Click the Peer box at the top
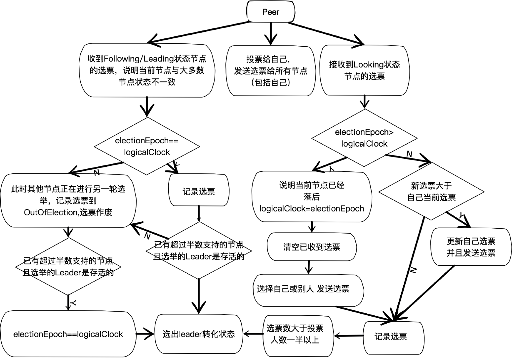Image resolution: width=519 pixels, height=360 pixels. coord(270,12)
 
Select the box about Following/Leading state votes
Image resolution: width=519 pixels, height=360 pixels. coord(147,70)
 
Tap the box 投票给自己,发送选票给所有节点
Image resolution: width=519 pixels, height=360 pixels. coord(270,71)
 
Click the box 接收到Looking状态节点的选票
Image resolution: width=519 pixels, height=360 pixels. coord(364,70)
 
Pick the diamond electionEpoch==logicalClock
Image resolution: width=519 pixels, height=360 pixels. coord(147,146)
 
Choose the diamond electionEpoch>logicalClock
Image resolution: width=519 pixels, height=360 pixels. coord(364,138)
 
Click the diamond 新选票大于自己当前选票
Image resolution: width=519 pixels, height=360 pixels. coord(431,191)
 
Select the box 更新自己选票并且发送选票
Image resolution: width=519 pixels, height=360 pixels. coord(471,247)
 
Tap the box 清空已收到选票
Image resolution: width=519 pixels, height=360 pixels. coord(311,247)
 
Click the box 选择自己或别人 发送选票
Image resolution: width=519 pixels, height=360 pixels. coord(308,290)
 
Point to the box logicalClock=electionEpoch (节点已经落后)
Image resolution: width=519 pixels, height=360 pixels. coord(311,197)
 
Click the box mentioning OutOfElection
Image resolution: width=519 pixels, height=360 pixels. coord(68,201)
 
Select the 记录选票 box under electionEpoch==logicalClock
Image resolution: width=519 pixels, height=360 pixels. coord(199,191)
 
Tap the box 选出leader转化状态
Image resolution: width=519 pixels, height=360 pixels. coord(199,334)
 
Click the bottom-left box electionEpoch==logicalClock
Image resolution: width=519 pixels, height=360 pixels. coord(68,334)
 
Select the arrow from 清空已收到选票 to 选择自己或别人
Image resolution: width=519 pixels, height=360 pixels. coord(309,267)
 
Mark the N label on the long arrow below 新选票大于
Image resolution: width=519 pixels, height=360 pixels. coord(413,270)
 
